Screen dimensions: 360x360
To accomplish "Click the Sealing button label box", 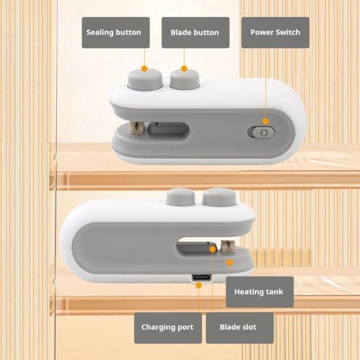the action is click(x=116, y=33).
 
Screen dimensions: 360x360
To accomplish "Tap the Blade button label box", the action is click(x=195, y=33).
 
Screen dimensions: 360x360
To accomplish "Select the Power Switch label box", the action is click(x=275, y=33).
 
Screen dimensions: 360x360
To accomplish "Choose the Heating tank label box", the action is click(x=259, y=292).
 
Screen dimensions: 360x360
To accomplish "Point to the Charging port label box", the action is click(x=168, y=328).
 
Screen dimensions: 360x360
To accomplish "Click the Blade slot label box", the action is click(x=240, y=328).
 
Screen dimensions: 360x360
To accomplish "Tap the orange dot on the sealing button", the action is click(x=144, y=69).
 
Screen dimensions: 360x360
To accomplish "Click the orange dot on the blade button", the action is click(x=184, y=69).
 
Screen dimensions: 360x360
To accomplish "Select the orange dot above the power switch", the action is click(x=266, y=122).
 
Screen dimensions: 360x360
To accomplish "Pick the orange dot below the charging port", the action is click(x=199, y=286).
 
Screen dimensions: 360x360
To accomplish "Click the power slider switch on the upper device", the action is click(x=261, y=133).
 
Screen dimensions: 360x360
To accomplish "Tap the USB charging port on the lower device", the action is click(x=201, y=278).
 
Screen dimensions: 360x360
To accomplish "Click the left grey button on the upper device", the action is click(x=145, y=79).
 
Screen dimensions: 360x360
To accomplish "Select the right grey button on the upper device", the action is click(x=185, y=79).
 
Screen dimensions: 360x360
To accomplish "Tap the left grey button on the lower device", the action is click(x=180, y=197).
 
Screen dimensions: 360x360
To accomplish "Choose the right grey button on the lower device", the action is click(x=220, y=197).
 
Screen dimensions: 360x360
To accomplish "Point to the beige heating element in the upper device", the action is click(x=137, y=128).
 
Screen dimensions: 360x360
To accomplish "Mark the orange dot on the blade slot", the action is click(x=213, y=249).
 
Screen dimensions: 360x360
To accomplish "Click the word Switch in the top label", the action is click(x=287, y=33).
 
